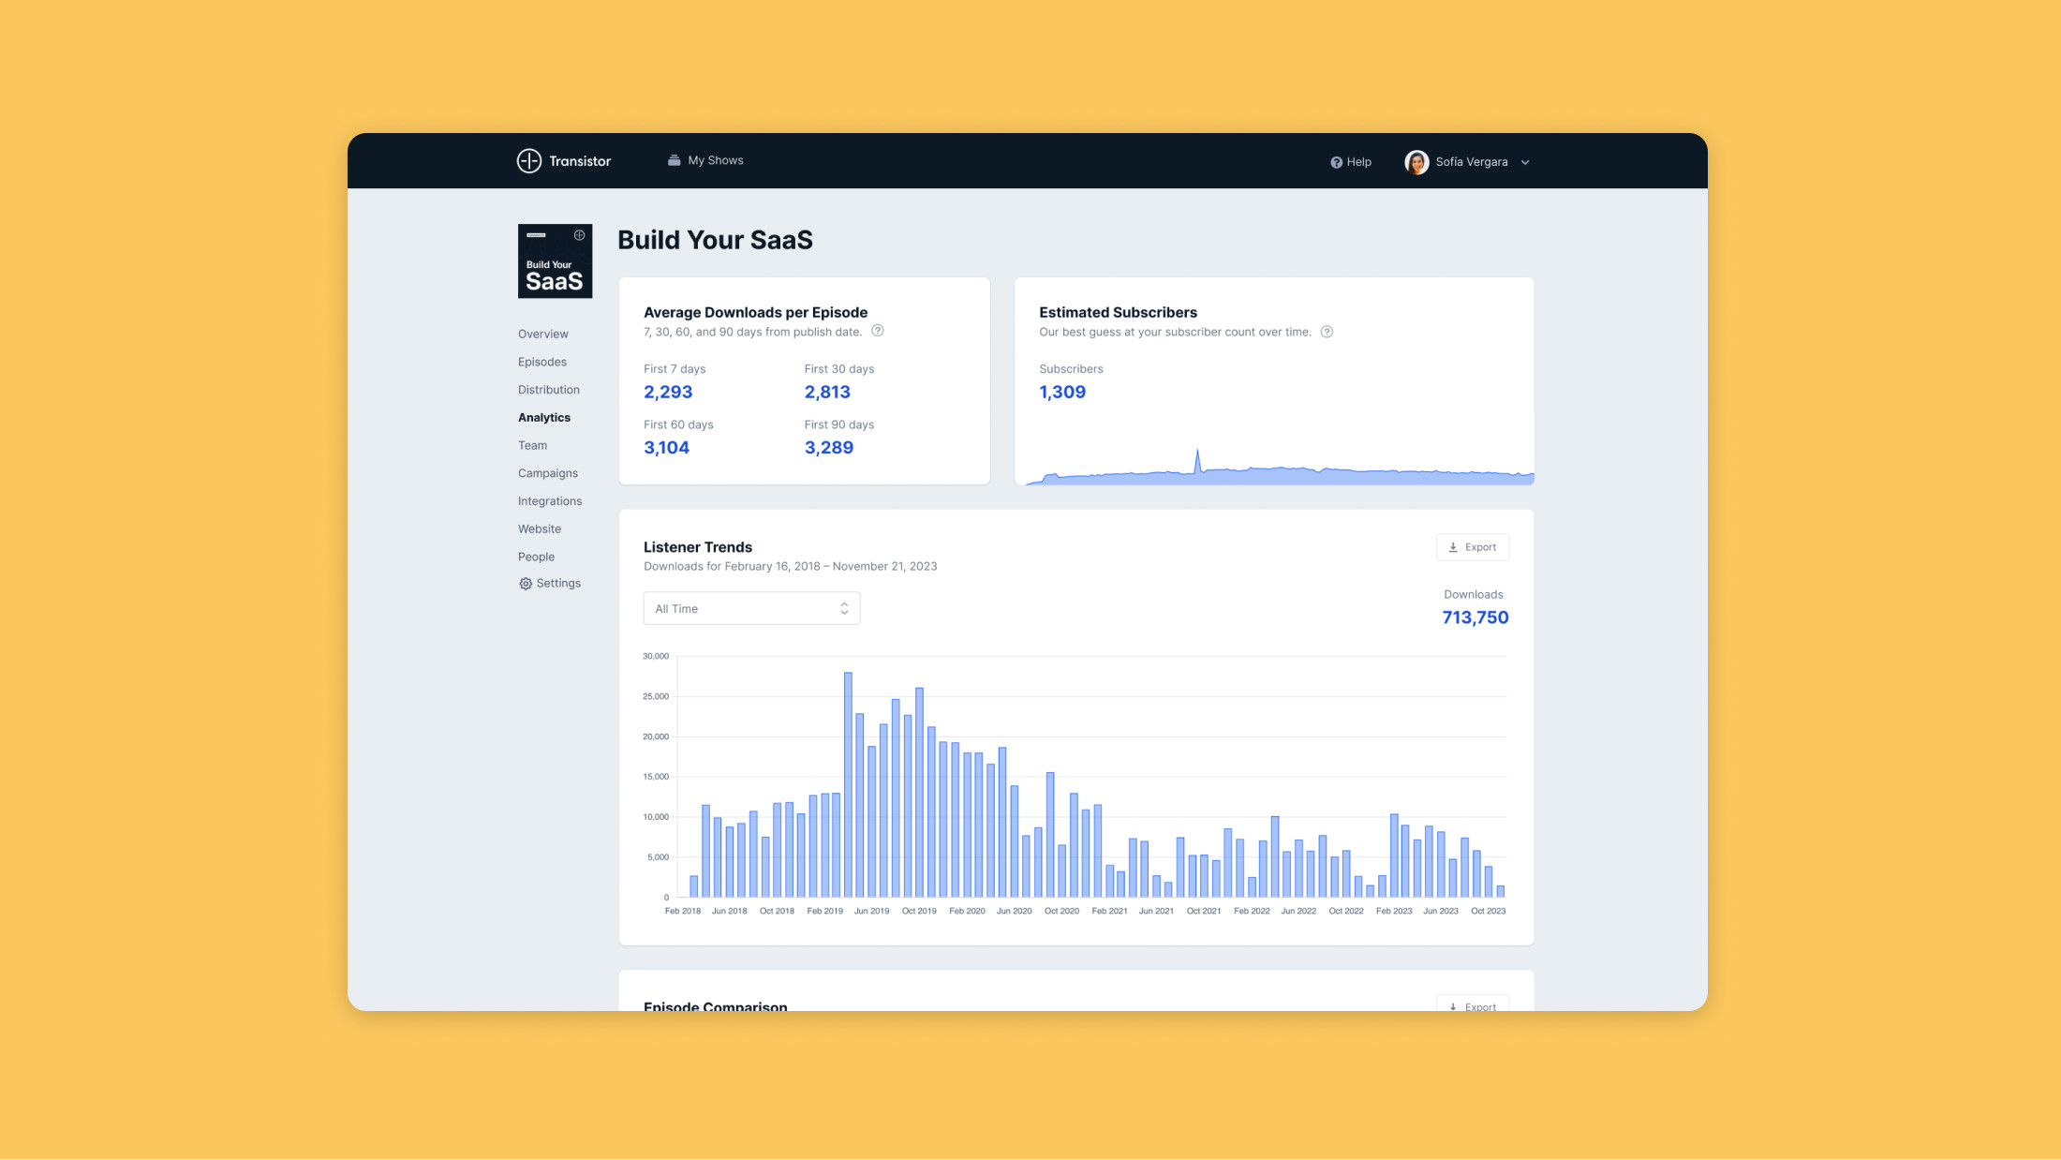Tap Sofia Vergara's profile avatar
pyautogui.click(x=1416, y=162)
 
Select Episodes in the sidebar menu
pyautogui.click(x=542, y=362)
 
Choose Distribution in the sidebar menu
pyautogui.click(x=549, y=390)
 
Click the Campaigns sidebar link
pyautogui.click(x=548, y=473)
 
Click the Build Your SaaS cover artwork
pyautogui.click(x=555, y=261)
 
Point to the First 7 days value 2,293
pyautogui.click(x=668, y=393)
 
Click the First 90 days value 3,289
pyautogui.click(x=828, y=448)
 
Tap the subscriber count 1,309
pyautogui.click(x=1062, y=393)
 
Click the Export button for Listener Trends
pyautogui.click(x=1473, y=547)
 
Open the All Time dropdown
pyautogui.click(x=751, y=609)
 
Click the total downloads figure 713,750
pyautogui.click(x=1475, y=617)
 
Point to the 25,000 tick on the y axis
pyautogui.click(x=656, y=697)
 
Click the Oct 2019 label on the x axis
pyautogui.click(x=919, y=912)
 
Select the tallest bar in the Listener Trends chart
pyautogui.click(x=848, y=785)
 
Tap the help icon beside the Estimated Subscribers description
pyautogui.click(x=1327, y=332)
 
